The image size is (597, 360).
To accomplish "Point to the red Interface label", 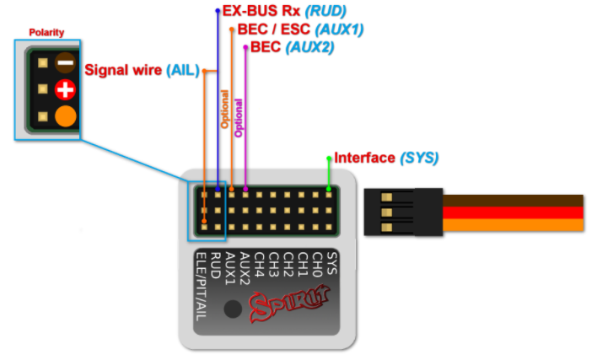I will (x=364, y=158).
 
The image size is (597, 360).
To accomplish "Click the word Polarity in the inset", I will (x=46, y=32).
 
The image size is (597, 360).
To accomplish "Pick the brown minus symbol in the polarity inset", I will (x=66, y=62).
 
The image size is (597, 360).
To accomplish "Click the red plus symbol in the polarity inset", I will (x=66, y=89).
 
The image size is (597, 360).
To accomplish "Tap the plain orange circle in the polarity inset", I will (x=66, y=116).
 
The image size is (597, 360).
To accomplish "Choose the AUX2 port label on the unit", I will (x=245, y=269).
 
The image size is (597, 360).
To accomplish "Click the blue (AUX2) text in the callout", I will (x=310, y=47).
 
